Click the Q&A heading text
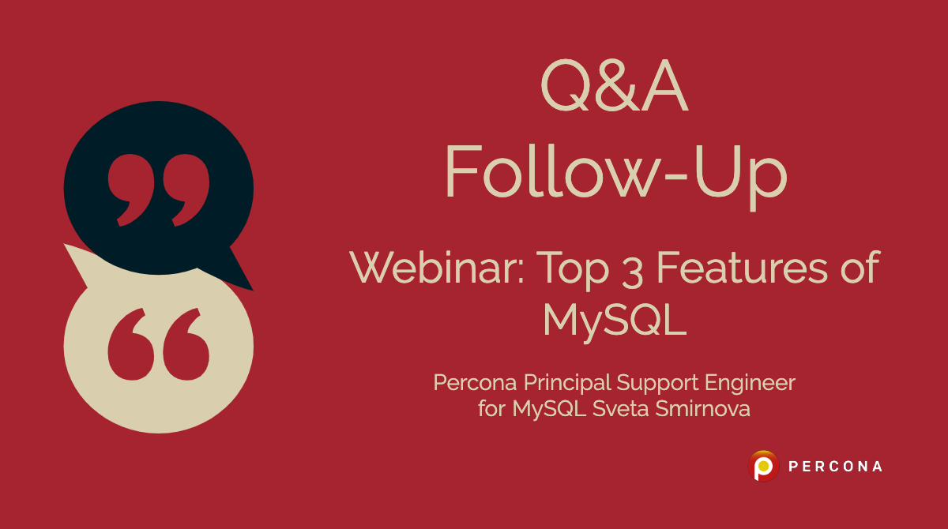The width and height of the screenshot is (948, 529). (x=615, y=88)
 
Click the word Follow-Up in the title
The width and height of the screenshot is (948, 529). (x=615, y=172)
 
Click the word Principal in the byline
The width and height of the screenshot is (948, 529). (x=566, y=384)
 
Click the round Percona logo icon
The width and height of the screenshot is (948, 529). (x=763, y=466)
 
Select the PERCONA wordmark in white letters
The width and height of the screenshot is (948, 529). (x=835, y=467)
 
